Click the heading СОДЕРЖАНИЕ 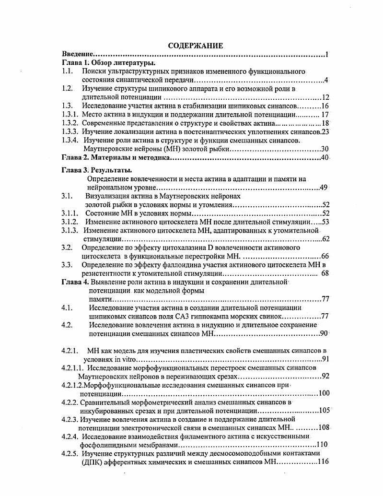pyautogui.click(x=195, y=46)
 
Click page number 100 pyautogui.click(x=324, y=393)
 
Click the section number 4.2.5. pyautogui.click(x=70, y=453)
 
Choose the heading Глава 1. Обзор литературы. pyautogui.click(x=110, y=63)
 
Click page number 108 pyautogui.click(x=324, y=427)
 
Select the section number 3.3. pyautogui.click(x=67, y=265)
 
